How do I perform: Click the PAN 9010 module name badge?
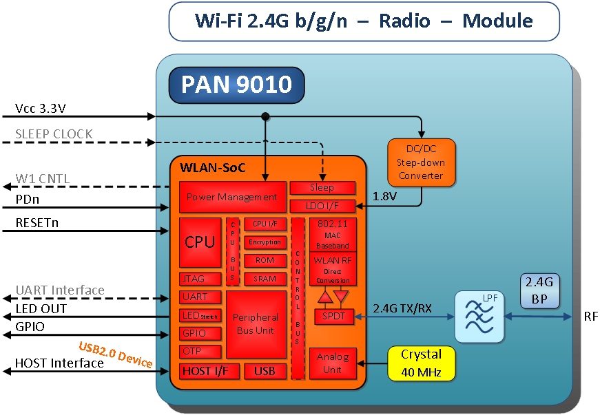tap(236, 85)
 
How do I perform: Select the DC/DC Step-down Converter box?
tap(421, 163)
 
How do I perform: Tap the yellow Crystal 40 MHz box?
tap(422, 363)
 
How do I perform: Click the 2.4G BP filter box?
tap(539, 289)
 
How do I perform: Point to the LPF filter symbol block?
tap(479, 317)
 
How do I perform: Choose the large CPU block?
tap(200, 242)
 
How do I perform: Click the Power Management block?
tap(232, 198)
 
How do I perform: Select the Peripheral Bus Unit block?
tap(256, 324)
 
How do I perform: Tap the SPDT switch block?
tap(333, 317)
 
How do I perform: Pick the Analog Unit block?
tap(333, 363)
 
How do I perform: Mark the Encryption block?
tap(265, 242)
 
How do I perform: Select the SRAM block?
tap(265, 279)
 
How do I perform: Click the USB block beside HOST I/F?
tap(265, 372)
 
